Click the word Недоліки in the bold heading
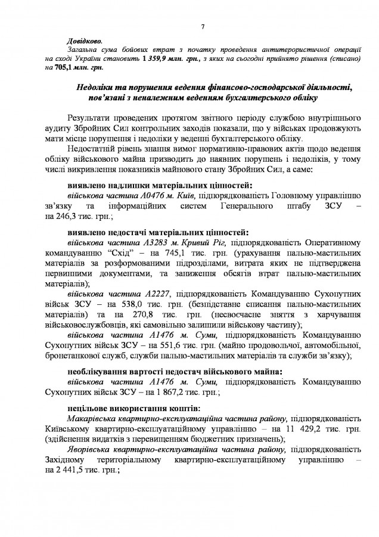click(x=98, y=88)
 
